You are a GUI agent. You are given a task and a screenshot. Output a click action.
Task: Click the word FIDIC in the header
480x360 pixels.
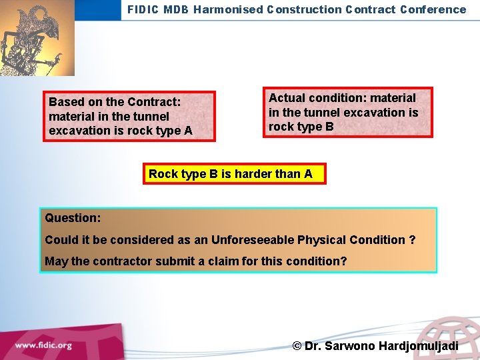coord(143,9)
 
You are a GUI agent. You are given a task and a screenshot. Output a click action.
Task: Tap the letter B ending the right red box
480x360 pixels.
coord(329,127)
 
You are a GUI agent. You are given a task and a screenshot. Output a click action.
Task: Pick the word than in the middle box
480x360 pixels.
coord(288,174)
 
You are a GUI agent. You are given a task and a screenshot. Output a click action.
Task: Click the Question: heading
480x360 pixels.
coord(73,218)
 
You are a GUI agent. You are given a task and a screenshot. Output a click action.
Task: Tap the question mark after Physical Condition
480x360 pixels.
coord(412,239)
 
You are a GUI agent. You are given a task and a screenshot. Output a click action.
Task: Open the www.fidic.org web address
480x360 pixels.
coord(43,345)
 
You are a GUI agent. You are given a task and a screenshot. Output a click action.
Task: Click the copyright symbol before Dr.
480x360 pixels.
coord(297,346)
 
